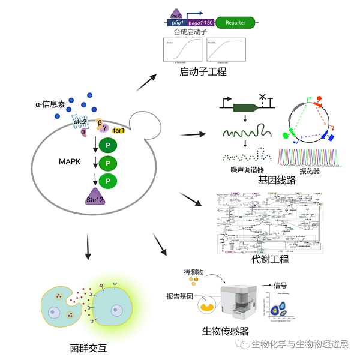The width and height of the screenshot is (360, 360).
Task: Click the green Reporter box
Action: pos(235,23)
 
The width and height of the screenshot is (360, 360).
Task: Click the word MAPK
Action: pos(70,162)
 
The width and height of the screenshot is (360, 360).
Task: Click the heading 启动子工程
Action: pos(203,72)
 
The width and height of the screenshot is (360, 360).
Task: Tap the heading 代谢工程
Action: pos(271,259)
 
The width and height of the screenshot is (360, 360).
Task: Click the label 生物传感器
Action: pos(226,331)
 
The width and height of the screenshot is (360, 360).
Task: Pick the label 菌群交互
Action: pos(88,347)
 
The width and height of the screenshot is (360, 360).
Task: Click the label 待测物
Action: pos(194,272)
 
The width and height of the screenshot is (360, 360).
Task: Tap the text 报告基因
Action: pos(180,296)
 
